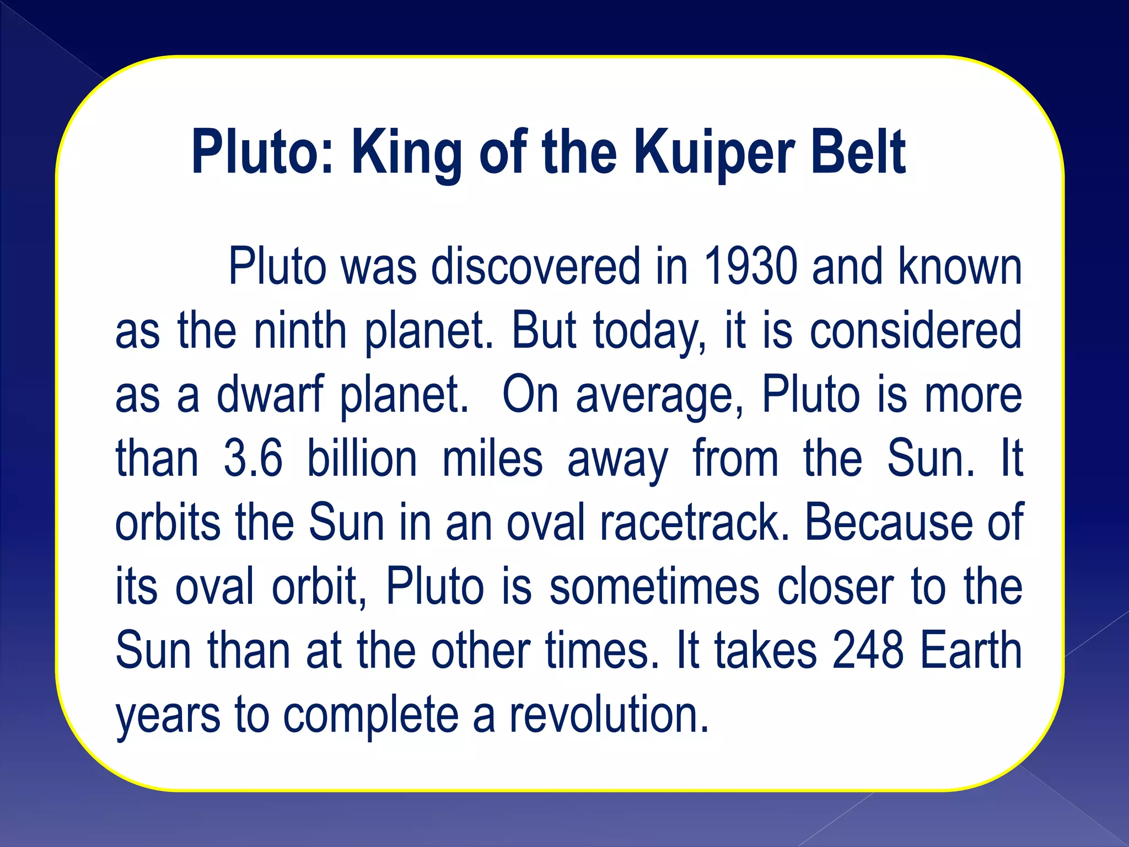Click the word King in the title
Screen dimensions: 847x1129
pos(407,152)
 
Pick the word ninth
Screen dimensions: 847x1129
pos(300,331)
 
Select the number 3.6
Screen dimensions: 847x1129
pos(253,459)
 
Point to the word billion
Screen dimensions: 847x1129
pos(362,459)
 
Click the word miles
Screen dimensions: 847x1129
pos(492,459)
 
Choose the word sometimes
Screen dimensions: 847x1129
pos(654,587)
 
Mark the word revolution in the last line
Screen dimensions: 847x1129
pos(609,715)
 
